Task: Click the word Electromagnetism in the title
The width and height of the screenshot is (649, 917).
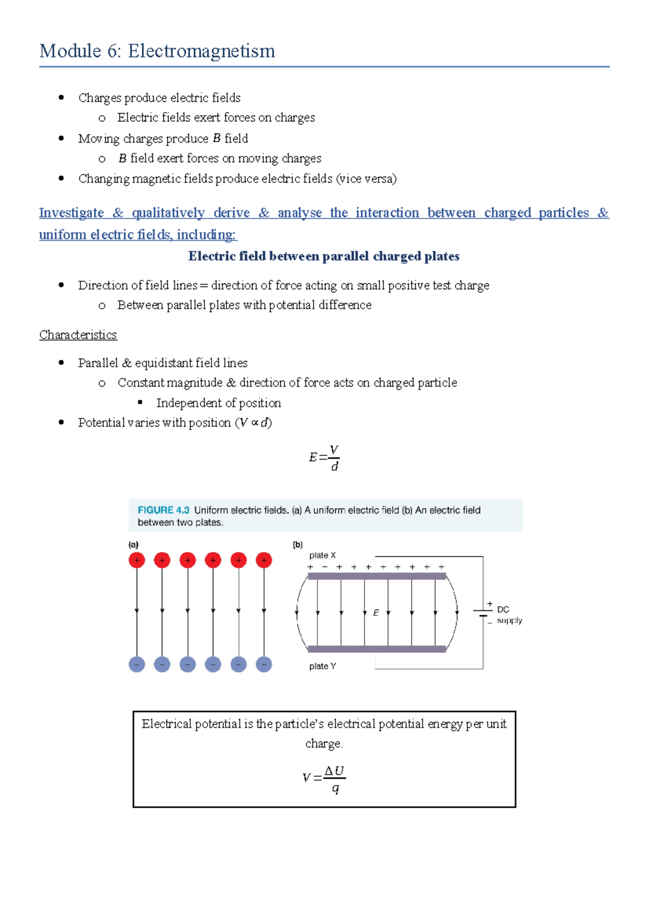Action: tap(201, 51)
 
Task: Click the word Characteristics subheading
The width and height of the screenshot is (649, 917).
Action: tap(78, 335)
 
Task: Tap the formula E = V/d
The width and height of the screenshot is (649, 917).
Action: tap(324, 457)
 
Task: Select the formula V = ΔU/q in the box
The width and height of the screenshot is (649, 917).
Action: tap(324, 779)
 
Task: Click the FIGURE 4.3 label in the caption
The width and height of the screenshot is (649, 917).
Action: tap(163, 510)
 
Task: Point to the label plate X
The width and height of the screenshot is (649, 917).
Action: tap(322, 555)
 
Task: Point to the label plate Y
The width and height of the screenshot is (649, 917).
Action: tap(322, 666)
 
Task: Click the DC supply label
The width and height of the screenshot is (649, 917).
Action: tap(508, 615)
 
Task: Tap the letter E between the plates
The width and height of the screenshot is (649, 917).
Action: tap(376, 613)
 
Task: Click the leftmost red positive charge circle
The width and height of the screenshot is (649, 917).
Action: tap(137, 560)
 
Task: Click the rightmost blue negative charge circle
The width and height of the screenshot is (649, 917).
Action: tap(264, 664)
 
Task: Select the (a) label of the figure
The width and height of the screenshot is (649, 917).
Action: tap(133, 544)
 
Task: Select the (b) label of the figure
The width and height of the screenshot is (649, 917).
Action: tap(297, 544)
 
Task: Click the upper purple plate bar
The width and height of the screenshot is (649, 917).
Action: tap(376, 576)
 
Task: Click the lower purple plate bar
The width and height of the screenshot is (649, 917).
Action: tap(376, 649)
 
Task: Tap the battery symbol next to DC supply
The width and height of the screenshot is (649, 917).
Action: tap(483, 613)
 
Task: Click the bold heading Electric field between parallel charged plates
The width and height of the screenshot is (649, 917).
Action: tap(323, 256)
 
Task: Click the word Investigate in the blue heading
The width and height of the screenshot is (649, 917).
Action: tap(71, 212)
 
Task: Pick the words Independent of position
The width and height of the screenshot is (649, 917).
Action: tap(218, 403)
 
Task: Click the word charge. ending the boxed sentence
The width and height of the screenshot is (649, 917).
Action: tap(323, 743)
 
